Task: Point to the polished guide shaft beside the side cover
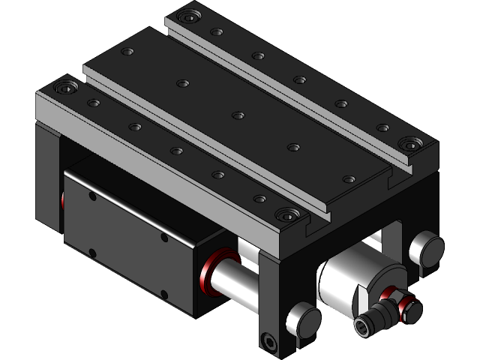[232, 280]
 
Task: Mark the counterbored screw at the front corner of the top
[285, 215]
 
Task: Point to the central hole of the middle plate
[238, 115]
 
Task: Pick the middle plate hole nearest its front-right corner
[349, 179]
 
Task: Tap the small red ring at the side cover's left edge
[63, 200]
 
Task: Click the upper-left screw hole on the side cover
[92, 196]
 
